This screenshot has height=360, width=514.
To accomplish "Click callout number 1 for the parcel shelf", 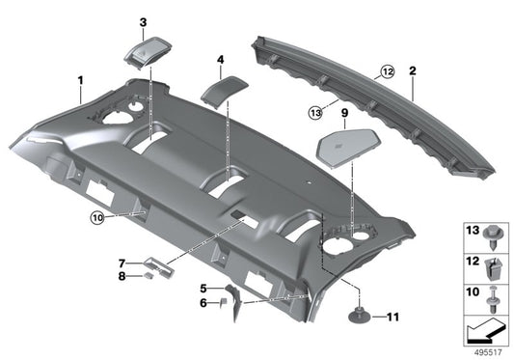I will (x=81, y=80).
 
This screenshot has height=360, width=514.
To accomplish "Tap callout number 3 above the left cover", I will (x=143, y=22).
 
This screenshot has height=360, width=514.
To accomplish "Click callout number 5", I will (x=203, y=288).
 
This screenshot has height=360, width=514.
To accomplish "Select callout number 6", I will (x=203, y=302).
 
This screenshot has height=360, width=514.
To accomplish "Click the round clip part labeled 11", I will (x=360, y=315).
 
